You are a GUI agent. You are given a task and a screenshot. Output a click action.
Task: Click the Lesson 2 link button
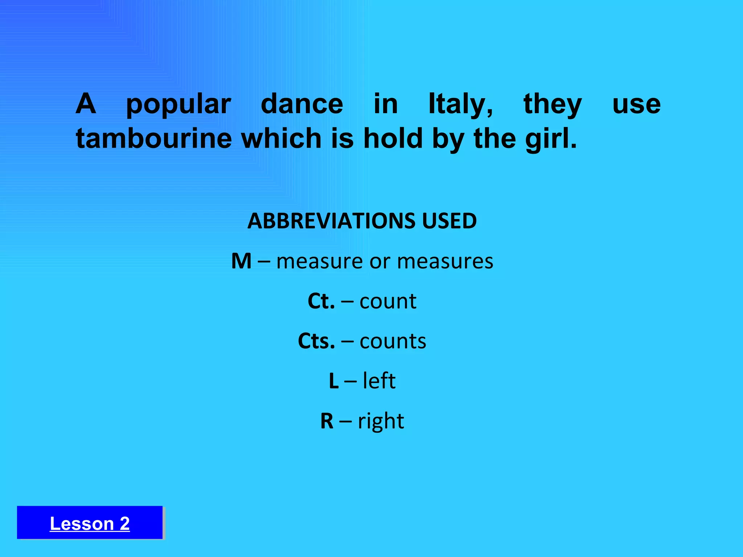(90, 523)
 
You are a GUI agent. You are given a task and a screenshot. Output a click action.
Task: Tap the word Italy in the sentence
(460, 104)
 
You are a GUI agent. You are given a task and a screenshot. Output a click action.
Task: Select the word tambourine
(154, 139)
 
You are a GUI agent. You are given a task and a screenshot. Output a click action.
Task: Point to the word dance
(302, 104)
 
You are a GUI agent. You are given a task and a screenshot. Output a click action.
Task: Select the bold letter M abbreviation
(241, 261)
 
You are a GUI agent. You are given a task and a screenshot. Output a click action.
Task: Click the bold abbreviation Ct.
(321, 301)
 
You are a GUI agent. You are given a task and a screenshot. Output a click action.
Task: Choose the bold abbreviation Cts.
(316, 341)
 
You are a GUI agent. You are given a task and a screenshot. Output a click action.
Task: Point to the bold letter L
(334, 381)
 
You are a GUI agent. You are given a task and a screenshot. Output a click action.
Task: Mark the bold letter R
(327, 421)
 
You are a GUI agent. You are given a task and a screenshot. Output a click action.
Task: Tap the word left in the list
(379, 381)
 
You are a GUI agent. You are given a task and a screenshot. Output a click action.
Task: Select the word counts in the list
(393, 341)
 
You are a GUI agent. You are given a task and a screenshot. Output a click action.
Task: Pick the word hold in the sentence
(393, 139)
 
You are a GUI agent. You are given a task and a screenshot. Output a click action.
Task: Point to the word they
(553, 104)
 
